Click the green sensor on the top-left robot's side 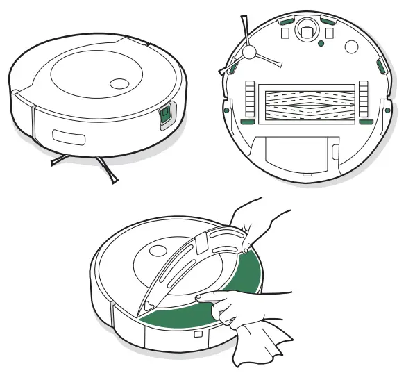[x=165, y=116]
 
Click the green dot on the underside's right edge [x=384, y=110]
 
